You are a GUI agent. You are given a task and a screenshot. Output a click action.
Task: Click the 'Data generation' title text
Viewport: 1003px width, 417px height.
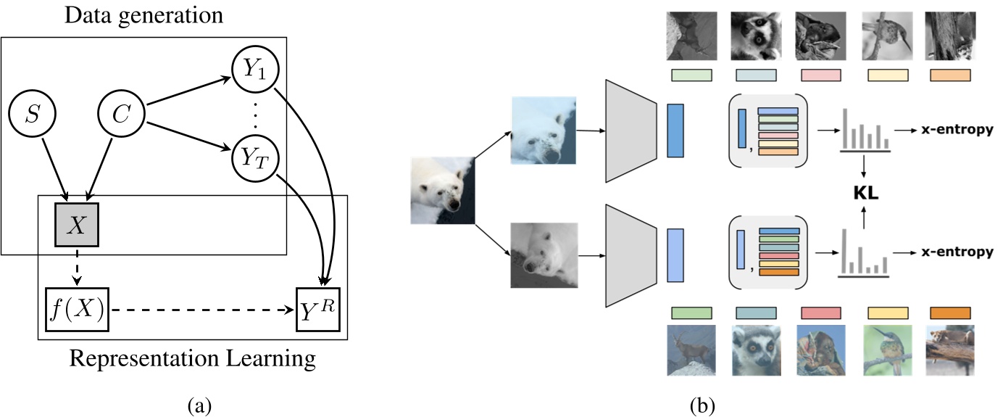click(x=143, y=16)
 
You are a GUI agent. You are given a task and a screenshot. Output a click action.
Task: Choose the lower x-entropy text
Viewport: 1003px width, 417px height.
click(x=956, y=253)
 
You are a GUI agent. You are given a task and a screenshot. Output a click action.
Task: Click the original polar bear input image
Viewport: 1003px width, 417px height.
click(x=443, y=190)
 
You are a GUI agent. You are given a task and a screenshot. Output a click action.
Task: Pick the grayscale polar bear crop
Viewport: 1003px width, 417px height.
click(x=543, y=255)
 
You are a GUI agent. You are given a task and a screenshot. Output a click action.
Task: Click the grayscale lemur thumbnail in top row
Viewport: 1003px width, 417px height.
click(x=756, y=35)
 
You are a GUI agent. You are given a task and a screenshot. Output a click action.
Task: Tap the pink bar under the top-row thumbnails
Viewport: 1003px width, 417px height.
click(x=821, y=75)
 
